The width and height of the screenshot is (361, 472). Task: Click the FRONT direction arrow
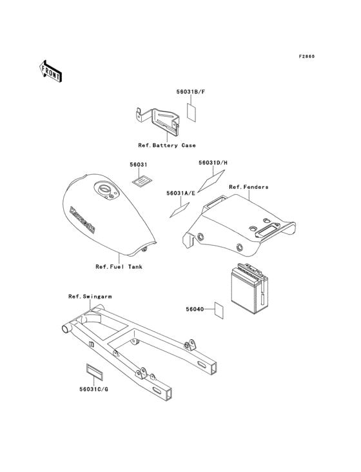click(x=50, y=71)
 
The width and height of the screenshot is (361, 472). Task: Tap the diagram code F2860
click(x=307, y=56)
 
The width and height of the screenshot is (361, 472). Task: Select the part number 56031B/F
click(x=191, y=92)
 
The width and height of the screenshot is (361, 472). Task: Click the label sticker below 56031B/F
click(x=191, y=113)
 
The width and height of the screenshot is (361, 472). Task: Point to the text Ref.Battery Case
click(x=167, y=145)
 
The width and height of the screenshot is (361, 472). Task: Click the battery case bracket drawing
click(x=157, y=121)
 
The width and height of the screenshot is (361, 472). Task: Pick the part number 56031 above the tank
click(x=139, y=164)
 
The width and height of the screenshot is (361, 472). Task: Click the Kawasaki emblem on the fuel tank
click(x=82, y=219)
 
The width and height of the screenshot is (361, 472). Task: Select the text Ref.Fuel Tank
click(x=119, y=267)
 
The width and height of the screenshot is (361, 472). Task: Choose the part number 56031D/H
click(x=213, y=163)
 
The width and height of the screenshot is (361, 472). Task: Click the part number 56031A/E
click(x=180, y=193)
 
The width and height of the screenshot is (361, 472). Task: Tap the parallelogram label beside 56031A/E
click(x=180, y=210)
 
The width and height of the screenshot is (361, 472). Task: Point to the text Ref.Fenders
click(x=248, y=187)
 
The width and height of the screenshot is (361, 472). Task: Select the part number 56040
click(x=195, y=309)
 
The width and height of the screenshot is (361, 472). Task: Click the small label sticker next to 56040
click(x=219, y=310)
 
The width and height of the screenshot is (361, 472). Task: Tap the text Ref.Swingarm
click(x=90, y=297)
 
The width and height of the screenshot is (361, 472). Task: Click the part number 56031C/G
click(x=93, y=389)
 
